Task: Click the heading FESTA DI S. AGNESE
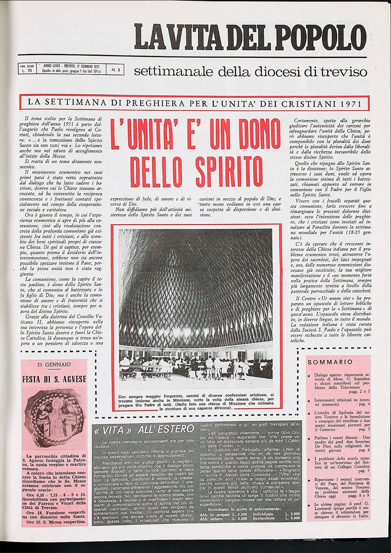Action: click(x=54, y=379)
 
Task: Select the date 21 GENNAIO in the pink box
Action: click(x=54, y=364)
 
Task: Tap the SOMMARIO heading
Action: click(x=330, y=362)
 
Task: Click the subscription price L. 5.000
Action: click(x=293, y=519)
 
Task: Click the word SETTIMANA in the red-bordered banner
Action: click(x=80, y=103)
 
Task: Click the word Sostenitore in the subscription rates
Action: click(x=264, y=519)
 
